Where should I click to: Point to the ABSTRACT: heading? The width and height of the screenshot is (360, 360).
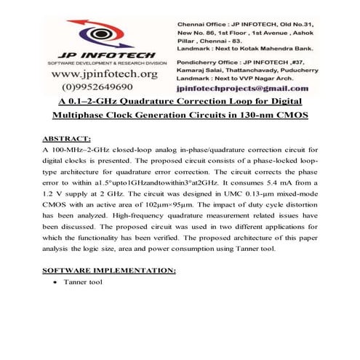click(x=67, y=137)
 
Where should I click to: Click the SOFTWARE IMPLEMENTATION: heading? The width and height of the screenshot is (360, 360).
click(x=109, y=270)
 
